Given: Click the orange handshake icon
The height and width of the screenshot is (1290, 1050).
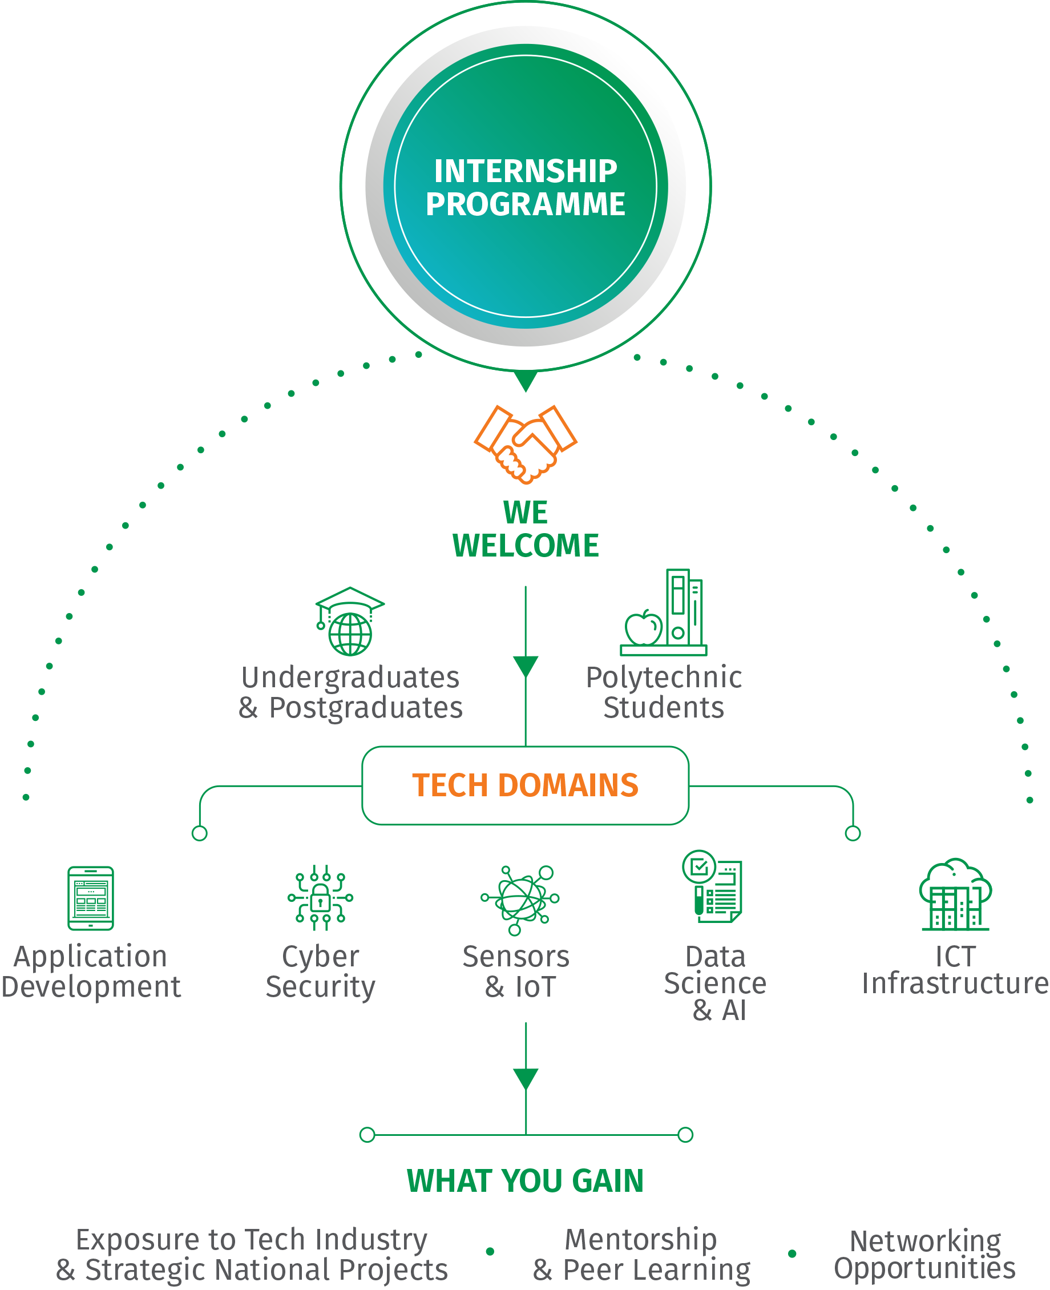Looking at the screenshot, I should [x=525, y=444].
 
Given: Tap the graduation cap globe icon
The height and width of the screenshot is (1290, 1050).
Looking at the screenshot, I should [x=350, y=622].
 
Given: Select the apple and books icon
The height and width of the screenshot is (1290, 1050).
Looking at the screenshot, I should [x=664, y=613].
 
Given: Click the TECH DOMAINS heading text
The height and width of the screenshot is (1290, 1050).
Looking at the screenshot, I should [x=525, y=785].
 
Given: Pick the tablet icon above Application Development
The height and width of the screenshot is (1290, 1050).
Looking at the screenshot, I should [x=91, y=898].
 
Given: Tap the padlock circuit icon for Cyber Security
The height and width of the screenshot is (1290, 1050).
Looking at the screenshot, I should [x=321, y=897].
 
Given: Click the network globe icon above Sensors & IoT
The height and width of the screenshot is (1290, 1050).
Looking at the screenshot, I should [x=520, y=898].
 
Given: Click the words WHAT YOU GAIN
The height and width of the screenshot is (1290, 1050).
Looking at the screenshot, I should [x=525, y=1180].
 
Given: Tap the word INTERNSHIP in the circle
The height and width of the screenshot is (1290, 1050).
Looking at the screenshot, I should [x=526, y=171].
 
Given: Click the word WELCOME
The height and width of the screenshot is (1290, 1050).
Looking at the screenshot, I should [x=526, y=546].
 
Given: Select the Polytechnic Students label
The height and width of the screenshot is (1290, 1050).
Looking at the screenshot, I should [x=664, y=692].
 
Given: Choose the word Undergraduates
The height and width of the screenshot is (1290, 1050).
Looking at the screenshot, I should [x=351, y=678].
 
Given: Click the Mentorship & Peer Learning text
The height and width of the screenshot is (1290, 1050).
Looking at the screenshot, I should [x=641, y=1253].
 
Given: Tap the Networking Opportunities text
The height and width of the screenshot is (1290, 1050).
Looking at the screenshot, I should [x=925, y=1253].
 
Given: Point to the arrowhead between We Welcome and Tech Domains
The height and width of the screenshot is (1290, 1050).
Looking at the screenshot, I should [x=526, y=666].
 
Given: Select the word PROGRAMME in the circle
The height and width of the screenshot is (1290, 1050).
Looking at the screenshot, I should [x=526, y=204].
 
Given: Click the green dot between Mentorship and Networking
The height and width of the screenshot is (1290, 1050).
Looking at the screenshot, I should [x=791, y=1253].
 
